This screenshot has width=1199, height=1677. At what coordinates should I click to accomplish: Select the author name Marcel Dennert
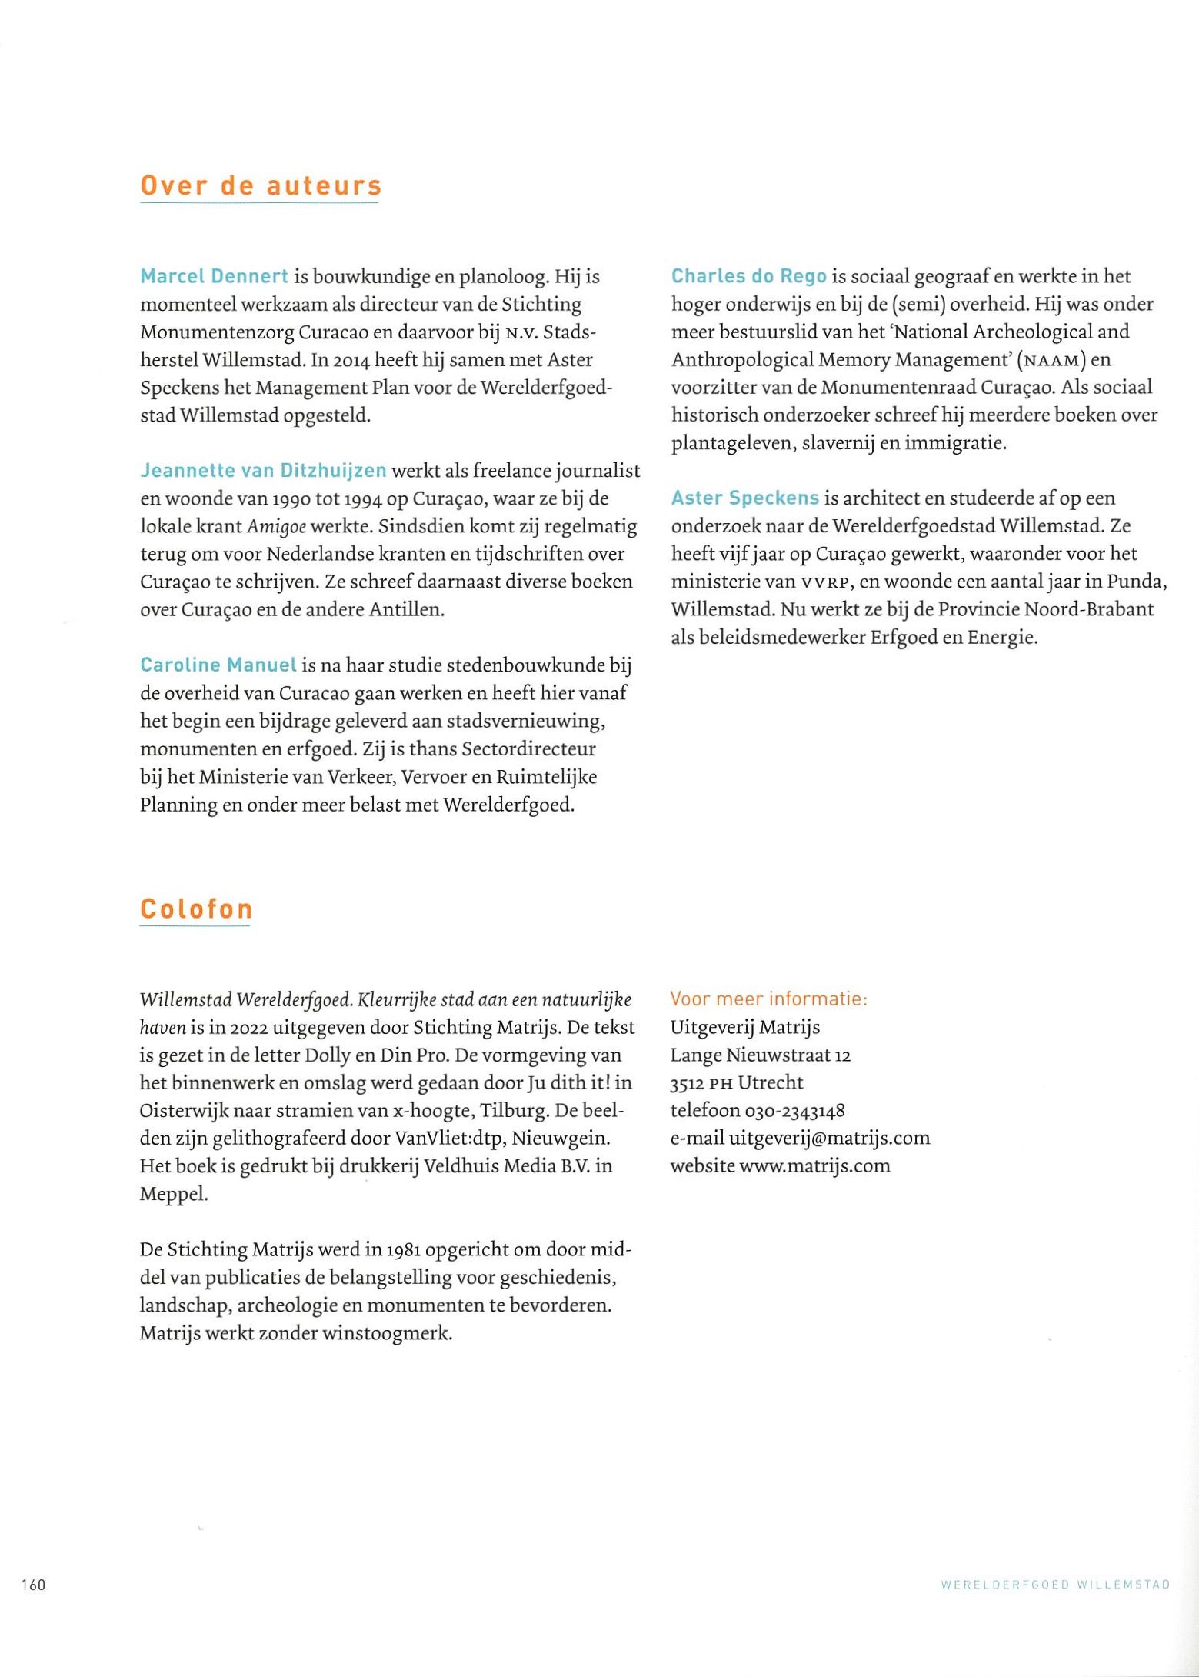[x=214, y=276]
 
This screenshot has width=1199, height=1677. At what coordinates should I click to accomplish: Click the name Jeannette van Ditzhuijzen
[x=263, y=470]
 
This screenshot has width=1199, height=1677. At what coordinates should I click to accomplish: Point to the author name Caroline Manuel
[x=218, y=665]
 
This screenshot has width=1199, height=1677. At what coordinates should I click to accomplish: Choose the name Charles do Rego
[x=748, y=276]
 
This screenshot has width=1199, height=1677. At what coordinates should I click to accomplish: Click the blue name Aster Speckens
[x=744, y=498]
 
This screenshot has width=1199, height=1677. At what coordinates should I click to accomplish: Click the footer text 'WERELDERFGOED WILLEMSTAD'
[x=1055, y=1585]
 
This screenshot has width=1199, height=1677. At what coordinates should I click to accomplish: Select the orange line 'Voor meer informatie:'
[x=768, y=999]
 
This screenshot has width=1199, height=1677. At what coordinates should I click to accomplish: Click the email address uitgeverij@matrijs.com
[x=829, y=1138]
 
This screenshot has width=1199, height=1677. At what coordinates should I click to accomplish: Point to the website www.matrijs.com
[x=814, y=1165]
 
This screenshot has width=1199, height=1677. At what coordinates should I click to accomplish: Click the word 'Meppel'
[x=173, y=1194]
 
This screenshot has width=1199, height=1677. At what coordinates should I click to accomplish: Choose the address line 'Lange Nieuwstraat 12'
[x=760, y=1055]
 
